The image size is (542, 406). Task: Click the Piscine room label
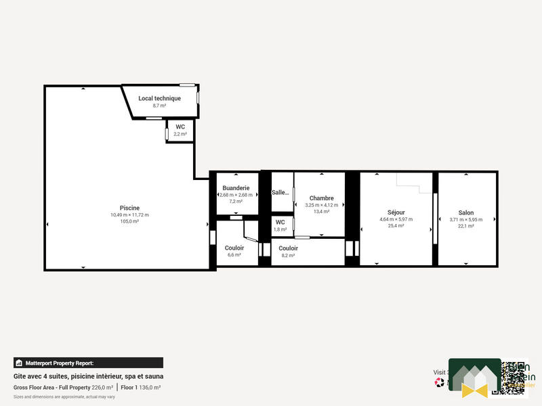pyautogui.click(x=129, y=208)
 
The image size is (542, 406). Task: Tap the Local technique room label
pyautogui.click(x=159, y=98)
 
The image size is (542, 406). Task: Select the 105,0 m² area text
pyautogui.click(x=129, y=221)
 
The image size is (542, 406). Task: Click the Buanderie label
pyautogui.click(x=236, y=187)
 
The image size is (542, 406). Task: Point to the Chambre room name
pyautogui.click(x=321, y=198)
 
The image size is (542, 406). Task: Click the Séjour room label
pyautogui.click(x=396, y=212)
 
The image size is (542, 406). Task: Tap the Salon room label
pyautogui.click(x=465, y=212)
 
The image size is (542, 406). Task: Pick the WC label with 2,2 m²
pyautogui.click(x=180, y=127)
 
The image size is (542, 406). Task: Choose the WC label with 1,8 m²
pyautogui.click(x=280, y=222)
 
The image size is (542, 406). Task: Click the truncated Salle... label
pyautogui.click(x=280, y=192)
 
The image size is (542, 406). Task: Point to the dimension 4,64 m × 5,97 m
pyautogui.click(x=396, y=219)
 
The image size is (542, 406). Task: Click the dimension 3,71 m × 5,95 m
pyautogui.click(x=465, y=219)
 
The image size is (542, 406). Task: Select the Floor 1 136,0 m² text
pyautogui.click(x=140, y=387)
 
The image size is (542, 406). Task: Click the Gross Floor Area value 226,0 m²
pyautogui.click(x=102, y=387)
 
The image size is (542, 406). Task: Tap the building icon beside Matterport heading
pyautogui.click(x=19, y=363)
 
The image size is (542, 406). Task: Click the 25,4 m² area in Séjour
pyautogui.click(x=396, y=226)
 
